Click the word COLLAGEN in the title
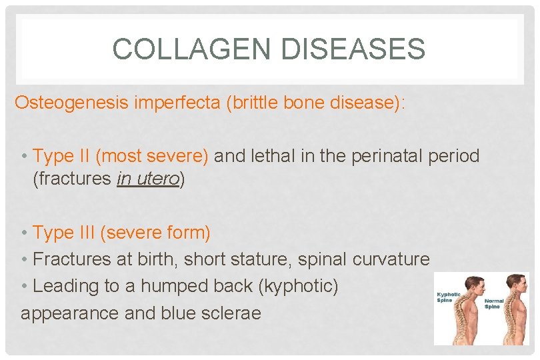(186, 49)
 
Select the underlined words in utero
(147, 180)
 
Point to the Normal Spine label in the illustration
(494, 303)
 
